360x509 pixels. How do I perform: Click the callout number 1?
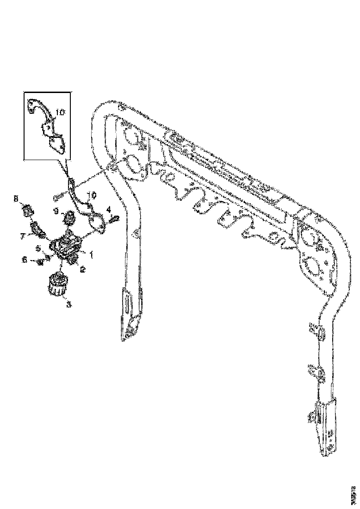point(91,254)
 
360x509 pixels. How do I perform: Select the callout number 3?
point(69,304)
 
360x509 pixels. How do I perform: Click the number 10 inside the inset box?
point(61,112)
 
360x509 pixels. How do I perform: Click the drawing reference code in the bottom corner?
point(354,494)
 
